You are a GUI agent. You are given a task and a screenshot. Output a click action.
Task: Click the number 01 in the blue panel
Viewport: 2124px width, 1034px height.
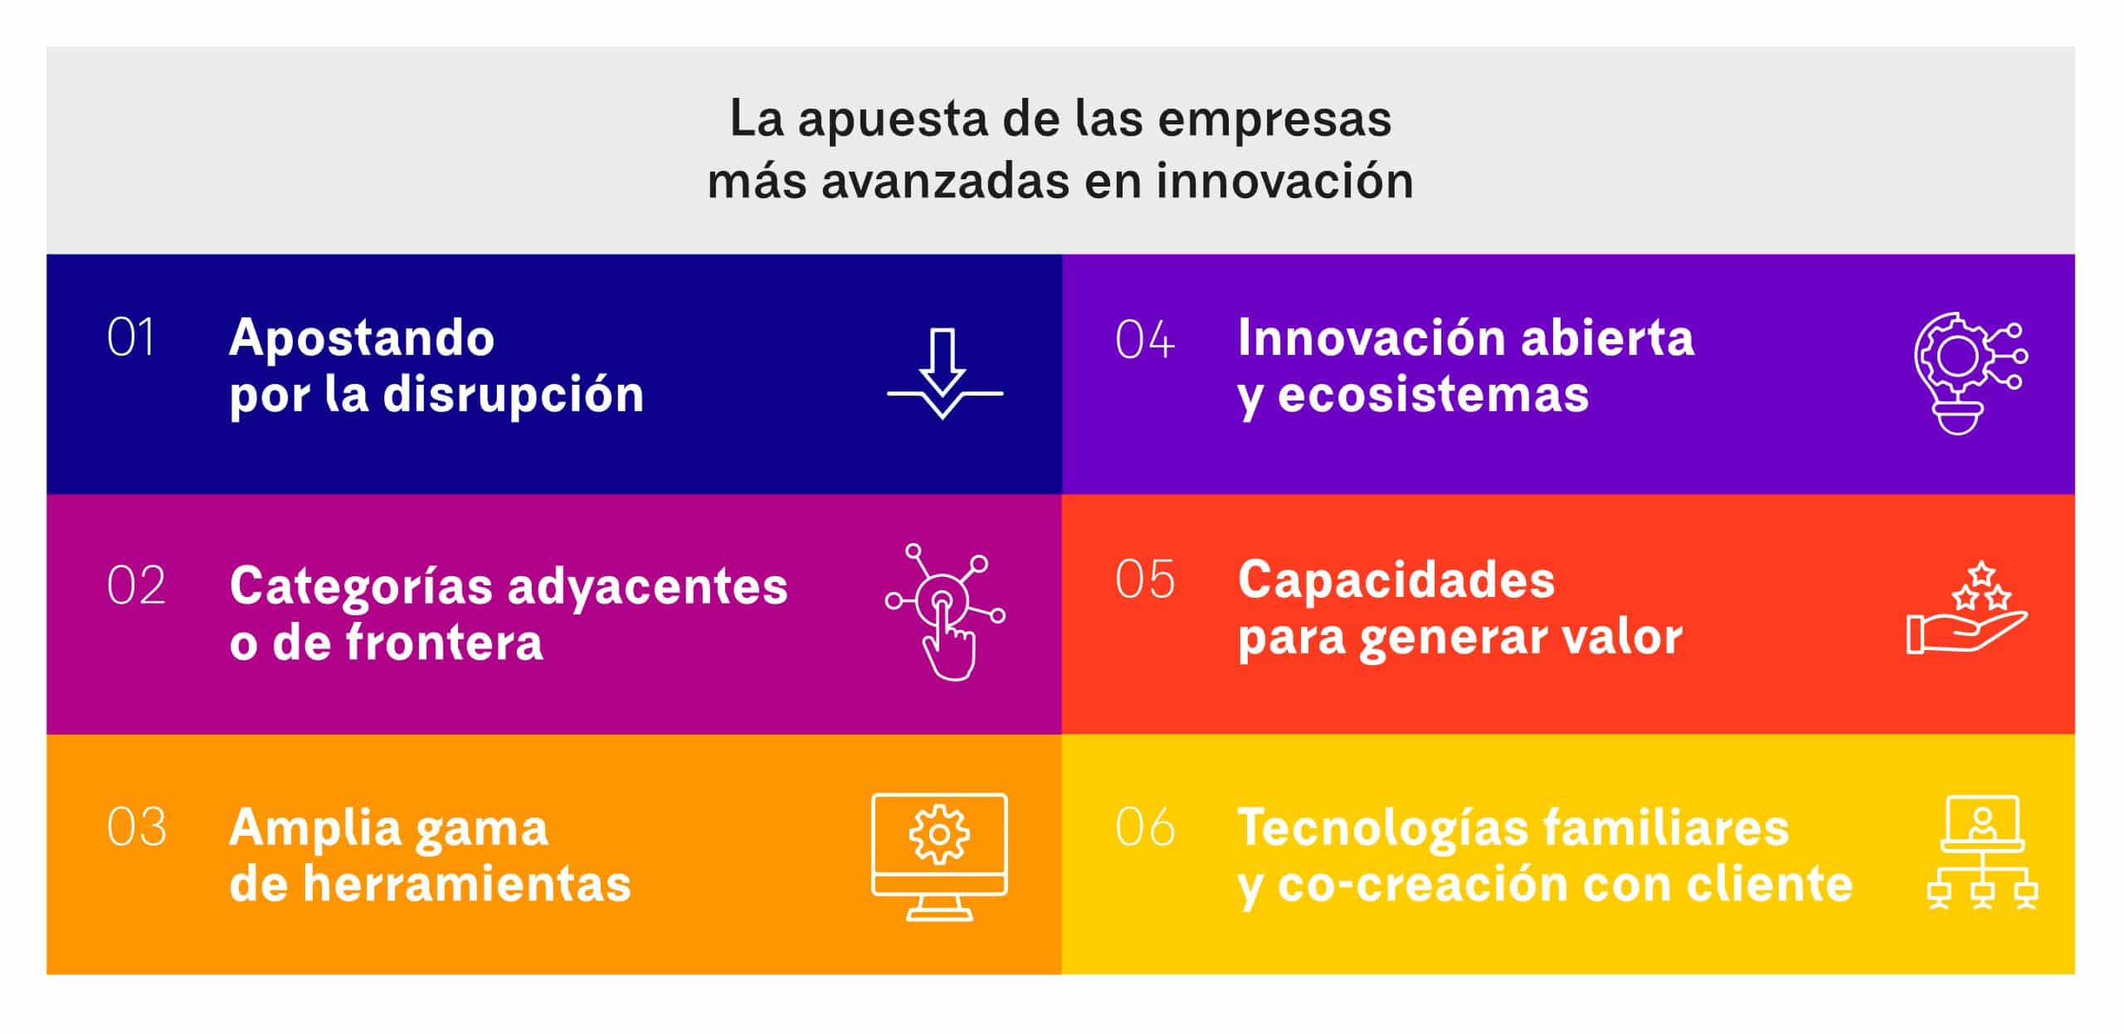[x=130, y=337]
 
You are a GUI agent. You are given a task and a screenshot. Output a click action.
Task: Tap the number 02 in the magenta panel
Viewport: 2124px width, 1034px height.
[x=136, y=585]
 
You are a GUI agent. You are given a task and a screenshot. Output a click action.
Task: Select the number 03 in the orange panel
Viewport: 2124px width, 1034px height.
[x=136, y=827]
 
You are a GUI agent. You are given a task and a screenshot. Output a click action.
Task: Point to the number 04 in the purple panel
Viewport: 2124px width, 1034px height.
[x=1145, y=339]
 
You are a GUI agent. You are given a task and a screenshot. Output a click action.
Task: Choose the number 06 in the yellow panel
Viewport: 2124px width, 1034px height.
[x=1145, y=827]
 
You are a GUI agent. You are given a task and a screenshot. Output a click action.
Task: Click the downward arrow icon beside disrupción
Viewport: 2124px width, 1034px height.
[x=944, y=373]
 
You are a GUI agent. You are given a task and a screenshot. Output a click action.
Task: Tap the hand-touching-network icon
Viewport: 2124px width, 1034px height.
[x=945, y=612]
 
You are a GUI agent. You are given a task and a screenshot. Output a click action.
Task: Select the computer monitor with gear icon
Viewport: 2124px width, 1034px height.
[x=939, y=857]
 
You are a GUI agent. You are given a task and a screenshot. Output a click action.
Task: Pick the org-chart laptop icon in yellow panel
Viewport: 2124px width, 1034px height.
[x=1982, y=852]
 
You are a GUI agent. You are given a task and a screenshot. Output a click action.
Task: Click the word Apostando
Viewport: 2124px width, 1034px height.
[x=362, y=339]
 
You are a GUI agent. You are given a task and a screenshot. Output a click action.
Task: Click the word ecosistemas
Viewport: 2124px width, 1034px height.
[x=1433, y=394]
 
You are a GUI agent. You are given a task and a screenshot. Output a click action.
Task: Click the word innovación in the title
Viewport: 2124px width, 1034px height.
[x=1284, y=181]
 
